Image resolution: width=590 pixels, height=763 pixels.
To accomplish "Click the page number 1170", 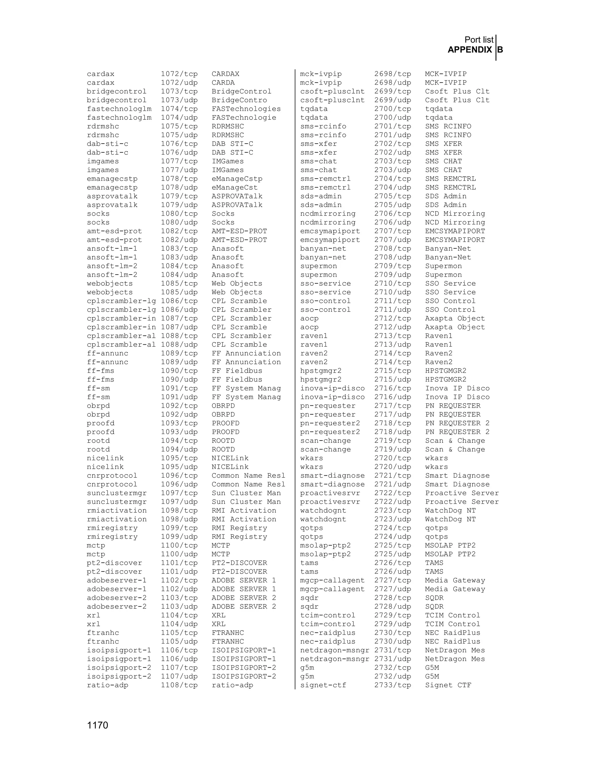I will [98, 725].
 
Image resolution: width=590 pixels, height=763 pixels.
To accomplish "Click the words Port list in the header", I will [479, 40].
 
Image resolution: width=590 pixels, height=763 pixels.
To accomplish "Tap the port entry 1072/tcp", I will [179, 74].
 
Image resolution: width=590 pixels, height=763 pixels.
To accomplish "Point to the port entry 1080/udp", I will [179, 223].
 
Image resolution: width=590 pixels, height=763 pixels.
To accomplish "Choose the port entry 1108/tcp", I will [179, 685].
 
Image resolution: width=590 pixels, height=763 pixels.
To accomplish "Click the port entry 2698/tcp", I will [393, 74].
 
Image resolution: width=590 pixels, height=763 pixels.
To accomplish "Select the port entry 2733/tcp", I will [393, 685].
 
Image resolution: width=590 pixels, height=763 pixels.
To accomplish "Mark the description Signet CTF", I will [448, 685].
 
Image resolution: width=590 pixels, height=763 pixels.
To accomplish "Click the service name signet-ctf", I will [323, 685].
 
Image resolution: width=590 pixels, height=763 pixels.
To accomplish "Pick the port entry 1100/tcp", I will [179, 545].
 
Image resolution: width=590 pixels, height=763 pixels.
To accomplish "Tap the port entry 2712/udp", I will [393, 327].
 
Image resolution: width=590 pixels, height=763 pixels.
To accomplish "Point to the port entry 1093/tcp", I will [179, 423].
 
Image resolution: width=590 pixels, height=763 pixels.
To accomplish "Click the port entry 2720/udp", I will [393, 467].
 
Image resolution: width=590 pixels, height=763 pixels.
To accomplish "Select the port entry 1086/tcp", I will [179, 301].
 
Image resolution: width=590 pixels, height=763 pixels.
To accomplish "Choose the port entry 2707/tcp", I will [393, 231].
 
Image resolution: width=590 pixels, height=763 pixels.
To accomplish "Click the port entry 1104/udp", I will [179, 624].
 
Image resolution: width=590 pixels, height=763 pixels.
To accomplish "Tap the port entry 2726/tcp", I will [393, 563].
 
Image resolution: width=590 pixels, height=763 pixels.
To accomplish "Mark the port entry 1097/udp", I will [179, 502].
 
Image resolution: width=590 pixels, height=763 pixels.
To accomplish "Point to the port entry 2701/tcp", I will [393, 126].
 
